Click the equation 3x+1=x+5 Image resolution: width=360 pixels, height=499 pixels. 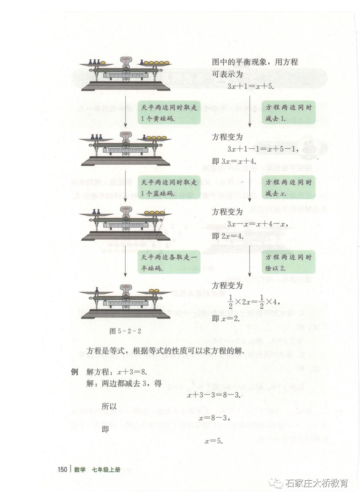pos(250,87)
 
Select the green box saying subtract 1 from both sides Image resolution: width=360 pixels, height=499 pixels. pos(288,113)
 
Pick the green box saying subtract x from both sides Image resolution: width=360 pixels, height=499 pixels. pos(288,188)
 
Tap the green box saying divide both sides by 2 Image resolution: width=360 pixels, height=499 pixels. pos(288,263)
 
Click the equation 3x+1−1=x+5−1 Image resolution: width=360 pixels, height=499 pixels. pos(262,149)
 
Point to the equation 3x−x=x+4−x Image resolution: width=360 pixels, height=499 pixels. pos(258,224)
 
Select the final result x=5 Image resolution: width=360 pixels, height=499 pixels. pos(214,441)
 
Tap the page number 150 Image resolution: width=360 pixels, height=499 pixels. pos(62,470)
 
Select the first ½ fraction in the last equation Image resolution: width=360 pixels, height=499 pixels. pos(231,301)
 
